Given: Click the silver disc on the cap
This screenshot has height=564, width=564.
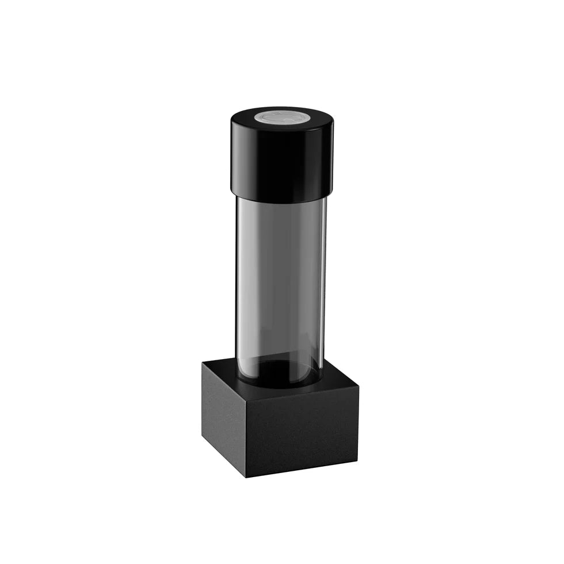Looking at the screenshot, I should tap(283, 117).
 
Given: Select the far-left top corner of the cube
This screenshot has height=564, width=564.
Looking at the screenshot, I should tap(203, 361).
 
